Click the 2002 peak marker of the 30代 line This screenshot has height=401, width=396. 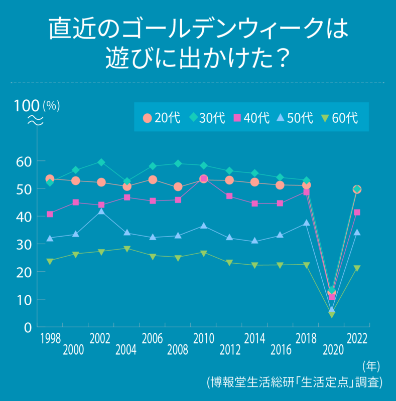(101, 162)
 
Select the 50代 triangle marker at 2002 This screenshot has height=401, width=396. (101, 212)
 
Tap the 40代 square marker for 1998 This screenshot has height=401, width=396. (50, 214)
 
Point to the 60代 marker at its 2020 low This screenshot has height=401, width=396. (332, 314)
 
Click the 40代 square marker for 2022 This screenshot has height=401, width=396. (357, 212)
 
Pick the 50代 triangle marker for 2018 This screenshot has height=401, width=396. (306, 223)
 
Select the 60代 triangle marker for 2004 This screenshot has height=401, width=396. (127, 249)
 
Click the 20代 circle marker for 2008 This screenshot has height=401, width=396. (178, 187)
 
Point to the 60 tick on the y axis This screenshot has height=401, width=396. (24, 161)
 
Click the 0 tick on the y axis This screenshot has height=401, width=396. (28, 327)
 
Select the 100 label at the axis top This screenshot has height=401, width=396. (27, 106)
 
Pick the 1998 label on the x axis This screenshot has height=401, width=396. (50, 339)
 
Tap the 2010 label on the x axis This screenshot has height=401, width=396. (203, 339)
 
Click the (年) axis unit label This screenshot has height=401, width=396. (371, 366)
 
